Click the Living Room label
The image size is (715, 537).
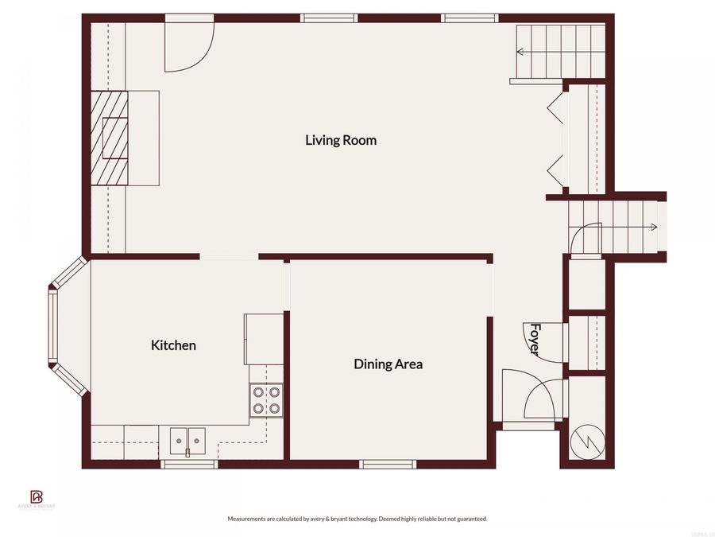click(x=341, y=140)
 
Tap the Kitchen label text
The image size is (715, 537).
click(x=173, y=345)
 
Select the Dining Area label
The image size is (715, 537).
click(x=388, y=364)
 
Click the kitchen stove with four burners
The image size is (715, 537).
click(x=266, y=400)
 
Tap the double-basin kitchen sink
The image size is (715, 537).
click(x=187, y=438)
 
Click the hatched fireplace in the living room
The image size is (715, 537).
click(x=109, y=138)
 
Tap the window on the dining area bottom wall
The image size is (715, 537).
click(x=387, y=464)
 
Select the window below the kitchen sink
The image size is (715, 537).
click(x=189, y=464)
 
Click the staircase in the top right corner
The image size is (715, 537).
click(x=560, y=52)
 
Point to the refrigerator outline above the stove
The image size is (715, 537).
click(x=264, y=338)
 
